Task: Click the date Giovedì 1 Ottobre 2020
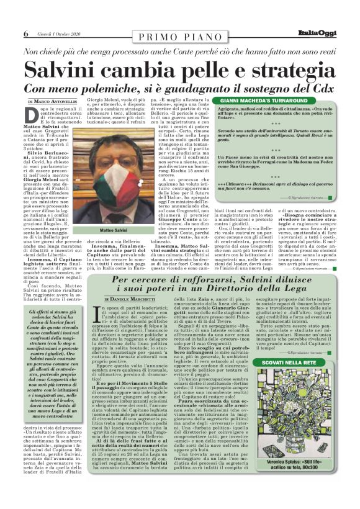58,33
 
